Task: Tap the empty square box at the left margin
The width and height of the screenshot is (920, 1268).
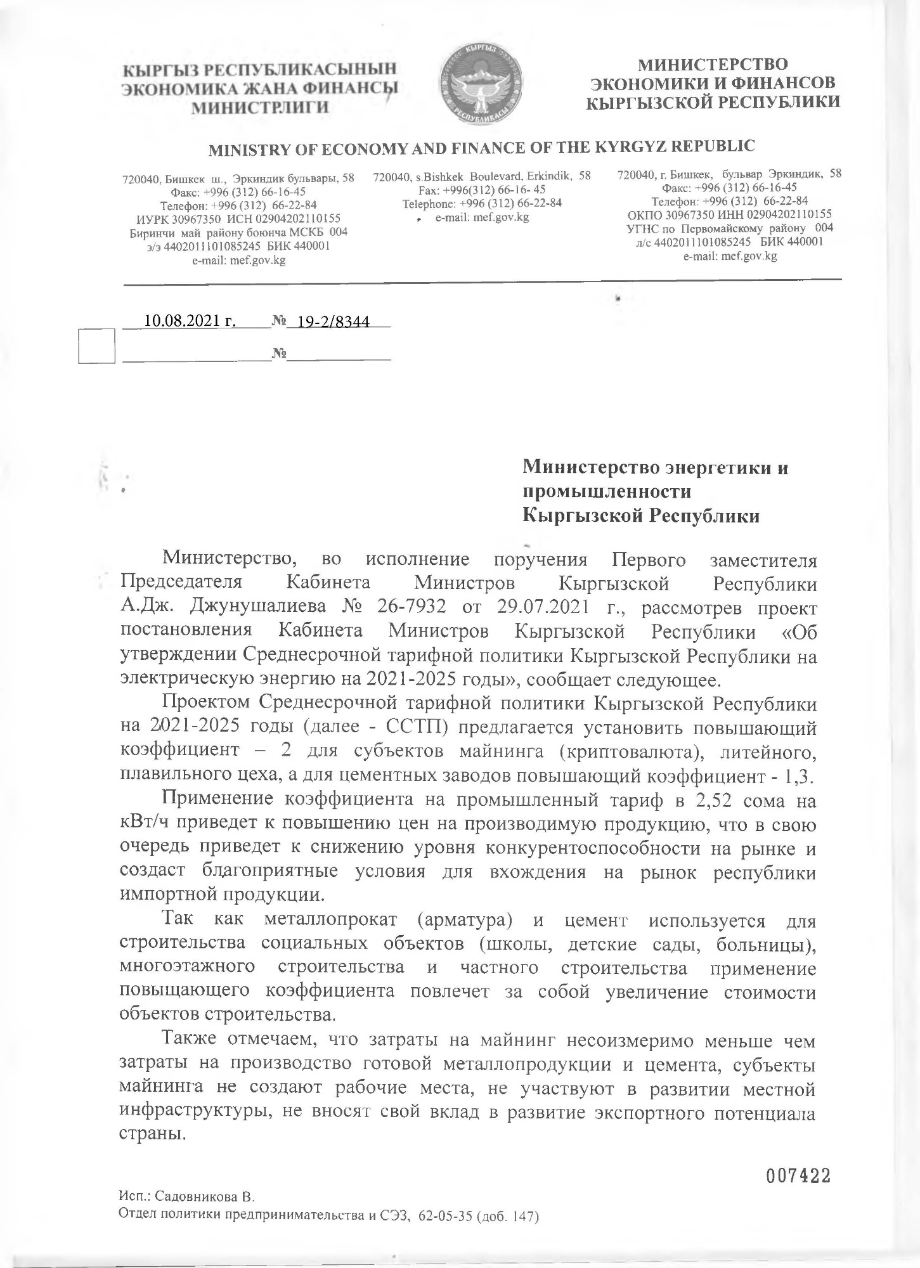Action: click(x=96, y=346)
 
